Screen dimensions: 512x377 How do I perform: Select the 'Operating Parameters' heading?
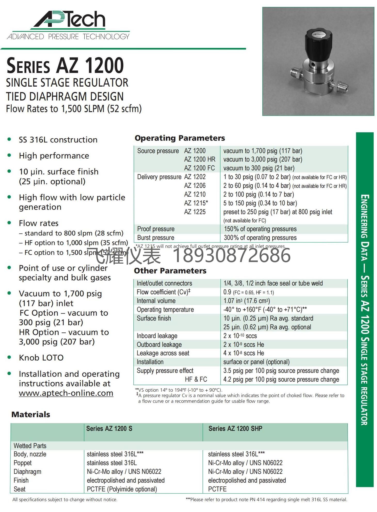point(180,138)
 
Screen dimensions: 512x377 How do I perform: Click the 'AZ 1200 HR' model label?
point(199,160)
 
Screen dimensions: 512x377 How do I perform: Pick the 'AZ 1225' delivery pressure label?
point(195,212)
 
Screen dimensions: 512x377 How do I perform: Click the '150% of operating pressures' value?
point(260,229)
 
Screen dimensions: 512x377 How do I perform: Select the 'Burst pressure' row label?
point(156,238)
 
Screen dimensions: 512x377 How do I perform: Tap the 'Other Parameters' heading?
point(170,271)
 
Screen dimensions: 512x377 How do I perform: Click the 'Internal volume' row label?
point(156,301)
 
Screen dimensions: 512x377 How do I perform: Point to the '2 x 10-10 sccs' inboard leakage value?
point(240,336)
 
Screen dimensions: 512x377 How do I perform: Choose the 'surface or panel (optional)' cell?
point(256,362)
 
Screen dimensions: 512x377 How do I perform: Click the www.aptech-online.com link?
point(66,393)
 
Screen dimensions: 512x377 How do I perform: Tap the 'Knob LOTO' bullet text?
point(41,358)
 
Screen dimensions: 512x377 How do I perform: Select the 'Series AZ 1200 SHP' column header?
point(235,429)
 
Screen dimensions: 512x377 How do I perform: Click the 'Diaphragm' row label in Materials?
point(27,472)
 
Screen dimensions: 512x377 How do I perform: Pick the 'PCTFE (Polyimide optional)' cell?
point(122,489)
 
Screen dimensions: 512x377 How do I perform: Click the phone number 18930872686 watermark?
point(231,256)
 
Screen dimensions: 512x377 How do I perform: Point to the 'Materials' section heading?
point(31,414)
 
